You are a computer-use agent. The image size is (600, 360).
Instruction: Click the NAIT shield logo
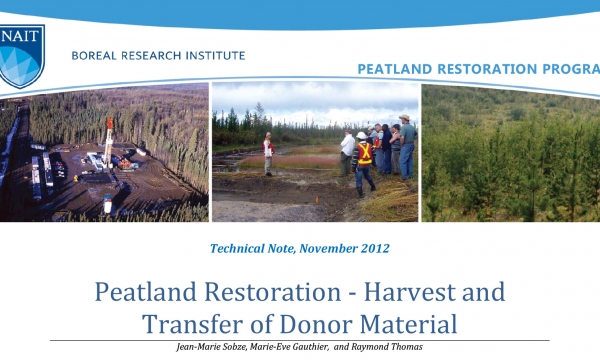click(22, 56)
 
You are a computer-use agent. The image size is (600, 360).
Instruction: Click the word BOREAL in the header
click(98, 55)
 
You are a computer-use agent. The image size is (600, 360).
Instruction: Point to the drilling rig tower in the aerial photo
click(109, 140)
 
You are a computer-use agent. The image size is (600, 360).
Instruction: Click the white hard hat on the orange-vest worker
click(361, 135)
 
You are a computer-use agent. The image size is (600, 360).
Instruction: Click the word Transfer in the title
click(189, 324)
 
